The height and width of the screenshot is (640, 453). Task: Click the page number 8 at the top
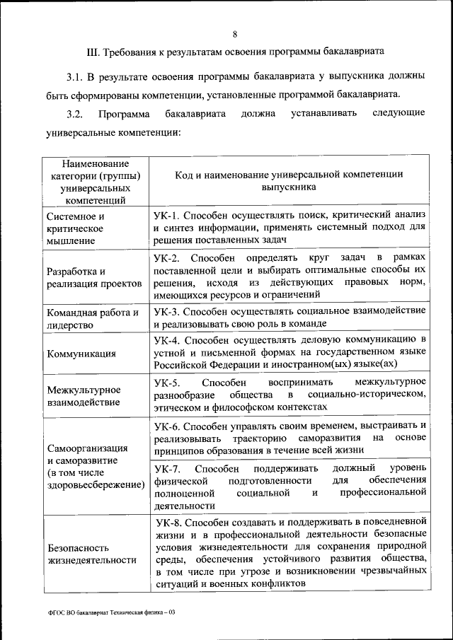point(235,33)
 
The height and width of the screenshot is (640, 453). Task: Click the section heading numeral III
point(93,52)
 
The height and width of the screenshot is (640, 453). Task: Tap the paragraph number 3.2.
point(76,114)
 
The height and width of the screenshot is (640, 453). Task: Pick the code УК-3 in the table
point(168,311)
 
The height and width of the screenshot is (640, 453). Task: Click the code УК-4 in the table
point(168,339)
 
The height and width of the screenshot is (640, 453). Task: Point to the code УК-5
point(168,382)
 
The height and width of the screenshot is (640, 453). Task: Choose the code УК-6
point(168,425)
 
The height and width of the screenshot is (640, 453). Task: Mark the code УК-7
point(168,469)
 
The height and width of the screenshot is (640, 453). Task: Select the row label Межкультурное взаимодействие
point(83,395)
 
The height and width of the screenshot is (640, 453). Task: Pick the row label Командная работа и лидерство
point(92,319)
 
